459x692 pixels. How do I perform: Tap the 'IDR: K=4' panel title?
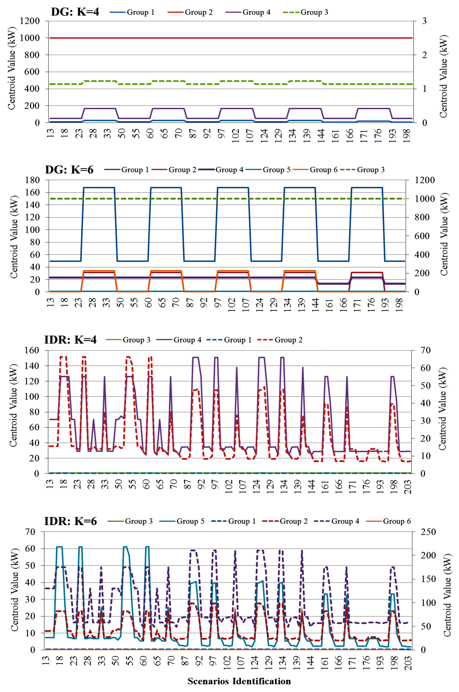point(70,340)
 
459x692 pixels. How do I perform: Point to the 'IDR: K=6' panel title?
point(70,521)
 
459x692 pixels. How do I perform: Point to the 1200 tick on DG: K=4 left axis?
point(30,21)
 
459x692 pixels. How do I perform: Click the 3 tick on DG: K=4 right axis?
point(424,21)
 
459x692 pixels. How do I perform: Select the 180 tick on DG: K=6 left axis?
point(32,180)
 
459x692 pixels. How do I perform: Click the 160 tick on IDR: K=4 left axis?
point(32,350)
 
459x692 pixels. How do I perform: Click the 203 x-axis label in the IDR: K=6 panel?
point(408,663)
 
